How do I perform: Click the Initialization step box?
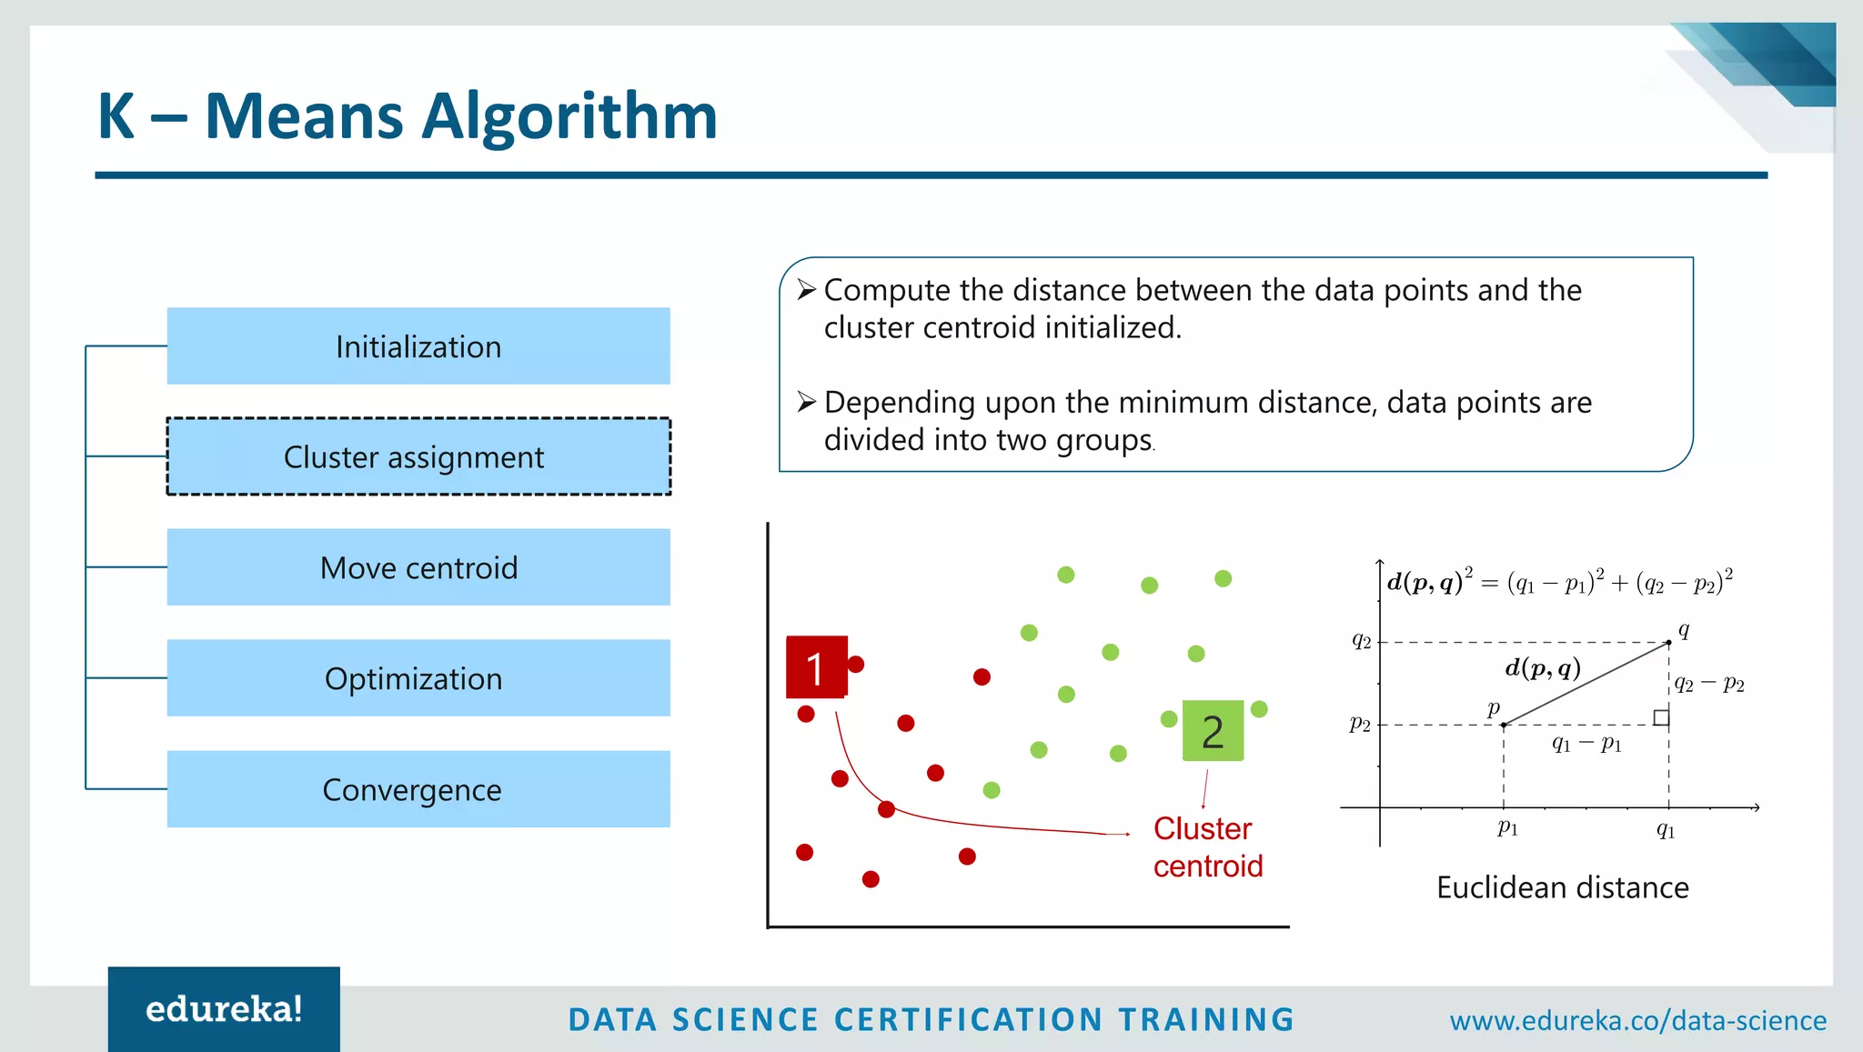[418, 346]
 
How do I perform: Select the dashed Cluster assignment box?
[418, 456]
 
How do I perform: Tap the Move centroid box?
[418, 567]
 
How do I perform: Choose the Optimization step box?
[418, 678]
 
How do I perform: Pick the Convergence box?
[418, 789]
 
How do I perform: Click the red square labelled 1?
[816, 667]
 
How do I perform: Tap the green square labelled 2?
[1213, 731]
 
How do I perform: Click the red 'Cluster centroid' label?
[1207, 847]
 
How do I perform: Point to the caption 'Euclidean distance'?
[1562, 887]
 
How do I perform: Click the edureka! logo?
[224, 1009]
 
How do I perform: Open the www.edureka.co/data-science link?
[1637, 1020]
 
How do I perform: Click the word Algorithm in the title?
[569, 116]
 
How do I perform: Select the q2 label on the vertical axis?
[1361, 641]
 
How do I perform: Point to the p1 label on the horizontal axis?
[1507, 827]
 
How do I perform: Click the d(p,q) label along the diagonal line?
[1543, 669]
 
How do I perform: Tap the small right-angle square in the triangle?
[1661, 717]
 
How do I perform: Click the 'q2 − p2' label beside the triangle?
[1709, 684]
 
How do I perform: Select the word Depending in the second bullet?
[900, 402]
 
